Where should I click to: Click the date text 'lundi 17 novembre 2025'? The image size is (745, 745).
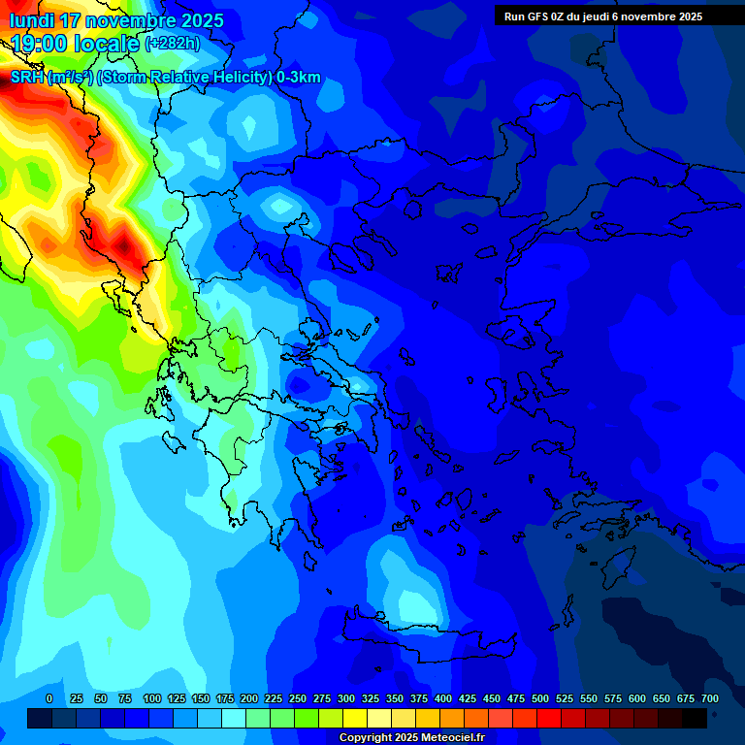point(116,20)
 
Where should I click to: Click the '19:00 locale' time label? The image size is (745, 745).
point(76,43)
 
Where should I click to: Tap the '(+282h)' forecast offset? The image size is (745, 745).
point(172,44)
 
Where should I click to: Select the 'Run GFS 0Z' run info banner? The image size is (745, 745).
point(602,16)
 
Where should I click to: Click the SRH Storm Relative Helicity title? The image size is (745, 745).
point(165,78)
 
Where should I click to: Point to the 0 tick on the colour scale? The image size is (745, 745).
point(49,698)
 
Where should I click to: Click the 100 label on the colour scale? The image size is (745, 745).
point(152,698)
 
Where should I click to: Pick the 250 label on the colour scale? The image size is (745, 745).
point(298,698)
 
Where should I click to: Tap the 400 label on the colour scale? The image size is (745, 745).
point(443,698)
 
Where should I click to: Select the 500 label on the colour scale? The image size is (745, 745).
point(540,698)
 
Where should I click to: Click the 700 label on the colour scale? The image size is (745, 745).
point(710,698)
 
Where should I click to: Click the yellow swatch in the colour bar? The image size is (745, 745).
point(355,718)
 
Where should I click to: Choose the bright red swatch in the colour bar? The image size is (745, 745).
point(549,718)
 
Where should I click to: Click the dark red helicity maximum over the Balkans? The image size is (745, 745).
point(124,246)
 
